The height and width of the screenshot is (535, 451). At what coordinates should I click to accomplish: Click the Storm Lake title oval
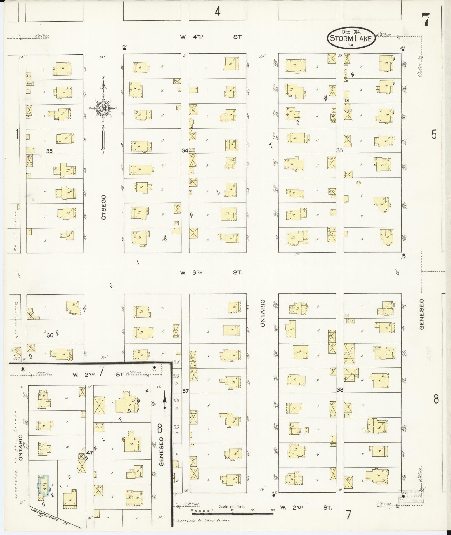pyautogui.click(x=351, y=39)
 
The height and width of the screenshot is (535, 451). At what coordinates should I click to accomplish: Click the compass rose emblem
pyautogui.click(x=103, y=108)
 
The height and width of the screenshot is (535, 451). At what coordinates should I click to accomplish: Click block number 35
pyautogui.click(x=49, y=151)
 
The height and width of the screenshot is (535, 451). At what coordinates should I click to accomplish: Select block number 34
pyautogui.click(x=185, y=150)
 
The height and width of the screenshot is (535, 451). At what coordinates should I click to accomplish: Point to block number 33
pyautogui.click(x=339, y=150)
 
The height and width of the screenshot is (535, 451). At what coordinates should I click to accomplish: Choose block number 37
pyautogui.click(x=185, y=391)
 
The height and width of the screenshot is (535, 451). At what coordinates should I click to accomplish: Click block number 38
pyautogui.click(x=340, y=390)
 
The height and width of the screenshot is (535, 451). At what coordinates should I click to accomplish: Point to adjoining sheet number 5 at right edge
pyautogui.click(x=434, y=135)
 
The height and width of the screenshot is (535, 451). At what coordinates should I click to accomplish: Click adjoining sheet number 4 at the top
pyautogui.click(x=218, y=11)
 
